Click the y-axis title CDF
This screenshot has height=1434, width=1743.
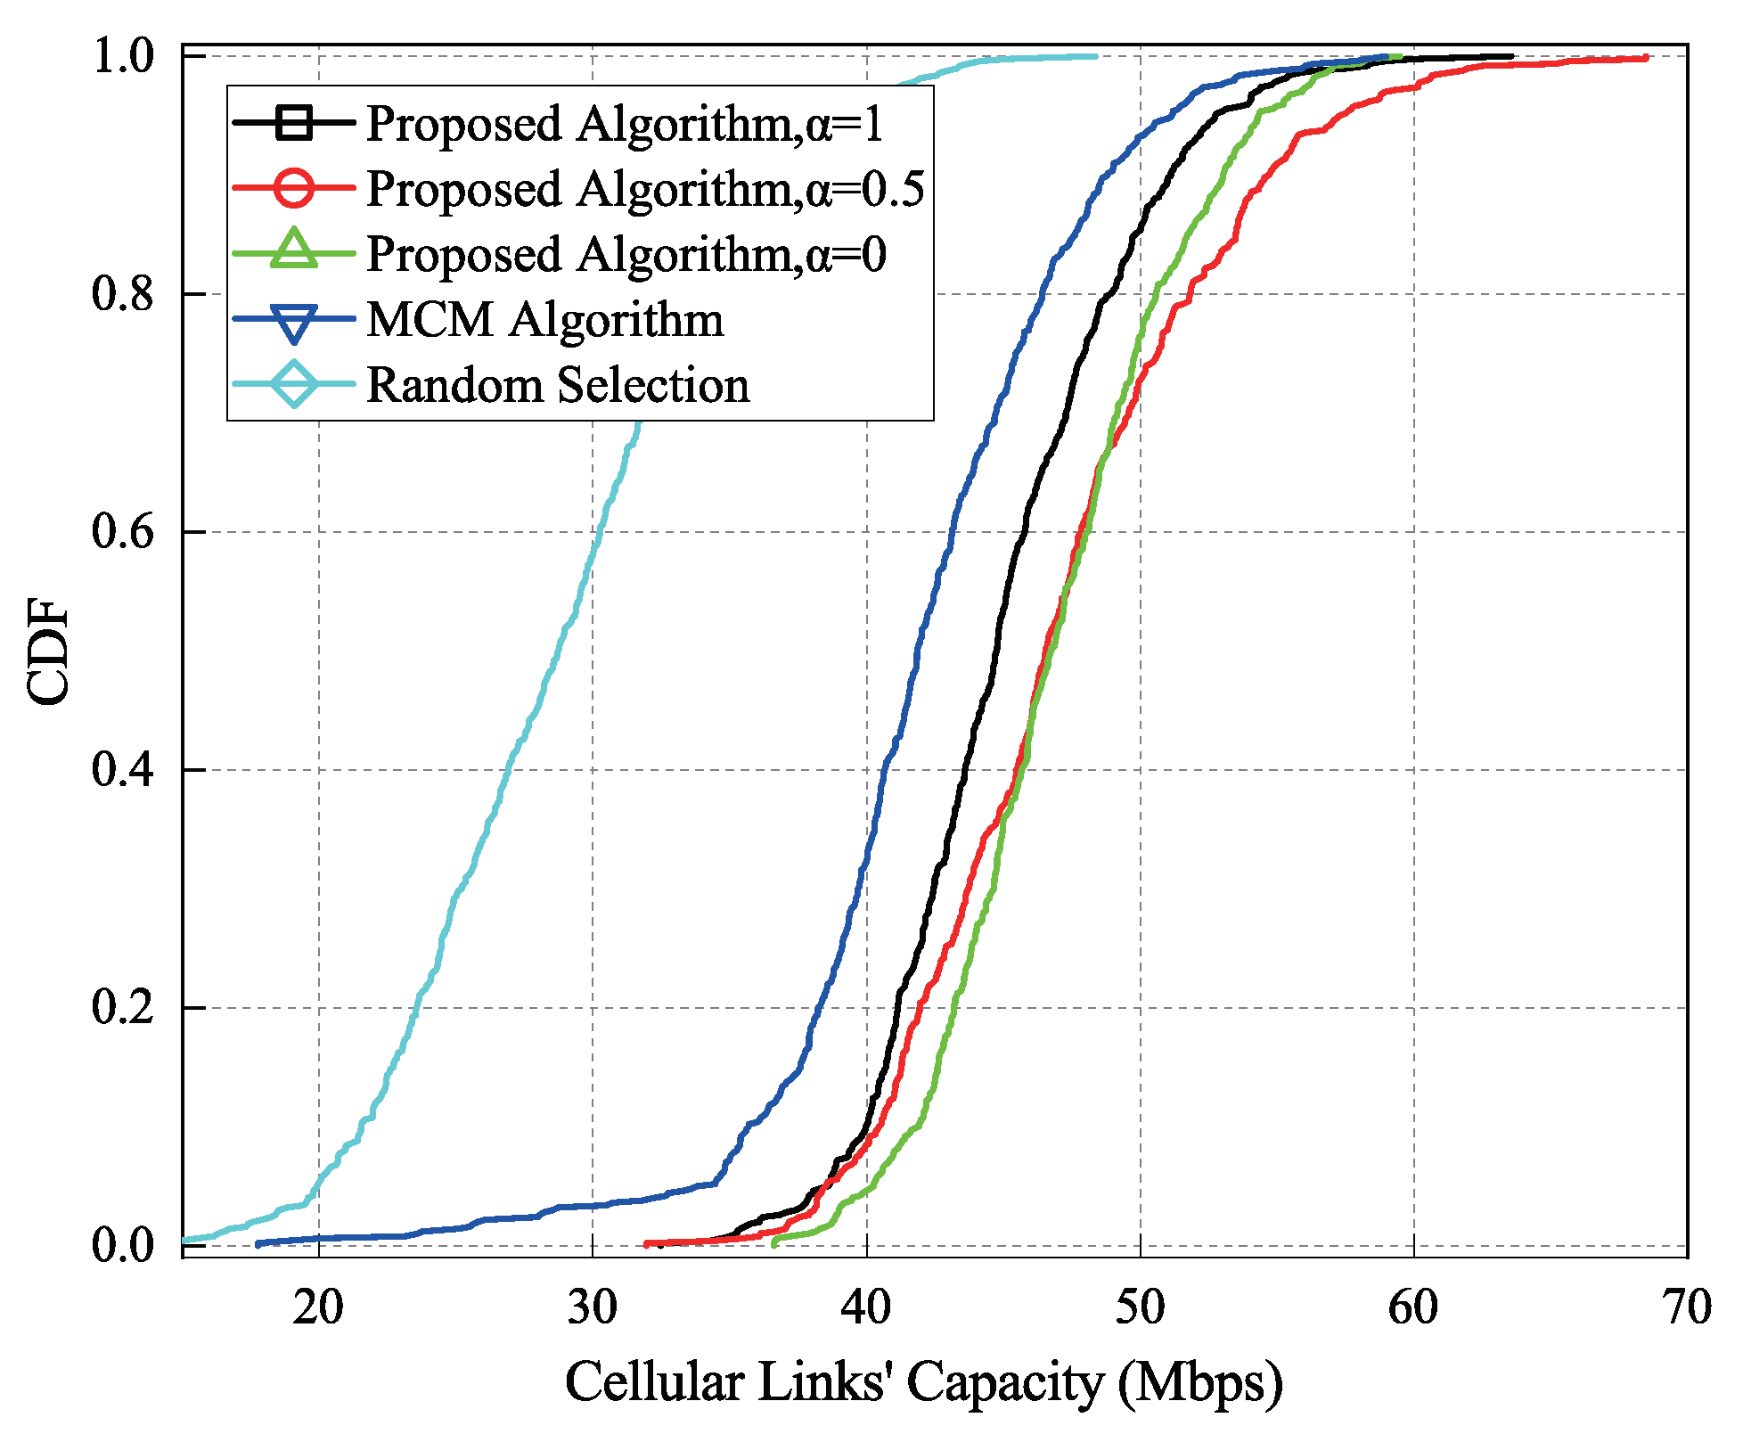(48, 652)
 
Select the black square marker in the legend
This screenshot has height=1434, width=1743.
(294, 123)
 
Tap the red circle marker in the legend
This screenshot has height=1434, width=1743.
(294, 188)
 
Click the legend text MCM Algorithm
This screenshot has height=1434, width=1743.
(544, 319)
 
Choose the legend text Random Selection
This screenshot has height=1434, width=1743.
(558, 385)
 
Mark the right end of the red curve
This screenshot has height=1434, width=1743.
(1645, 58)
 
